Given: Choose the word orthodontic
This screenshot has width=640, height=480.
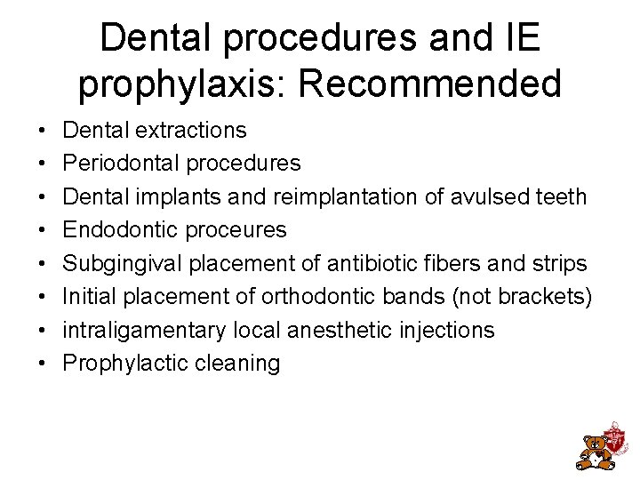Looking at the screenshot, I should tap(325, 297).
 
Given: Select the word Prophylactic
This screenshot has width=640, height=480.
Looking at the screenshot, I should tap(120, 364).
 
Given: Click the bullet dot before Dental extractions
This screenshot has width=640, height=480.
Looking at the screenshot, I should tap(44, 131).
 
